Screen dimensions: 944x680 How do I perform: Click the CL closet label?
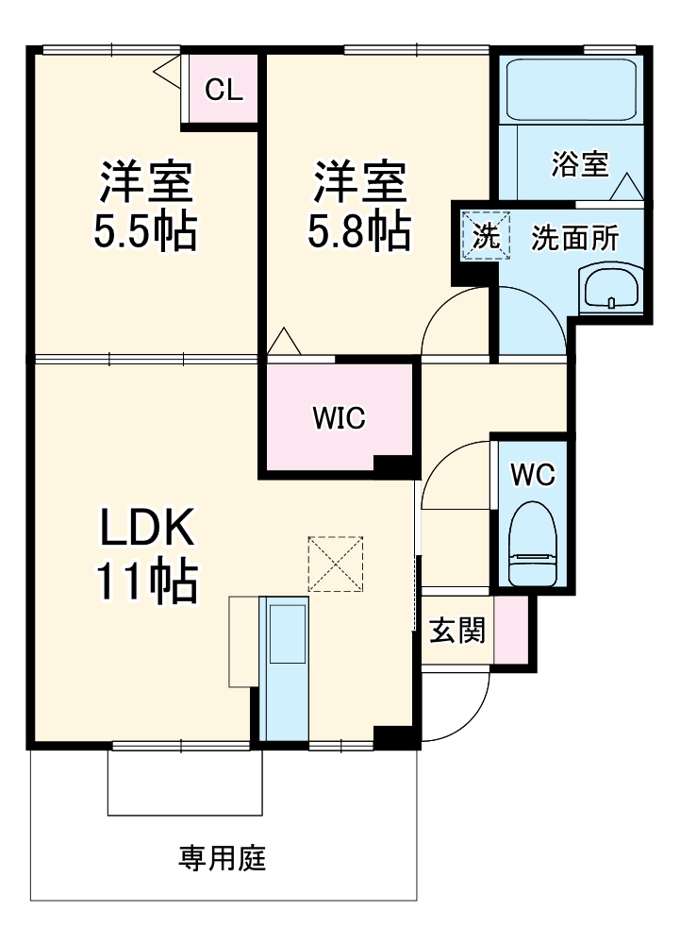coord(224,90)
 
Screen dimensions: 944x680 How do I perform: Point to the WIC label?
coord(339,418)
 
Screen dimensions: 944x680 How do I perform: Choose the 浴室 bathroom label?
coord(580,164)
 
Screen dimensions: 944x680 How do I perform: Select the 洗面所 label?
coord(574,239)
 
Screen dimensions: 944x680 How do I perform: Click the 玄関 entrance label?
coord(456,631)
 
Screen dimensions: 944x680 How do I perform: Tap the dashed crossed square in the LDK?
coord(336,565)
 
